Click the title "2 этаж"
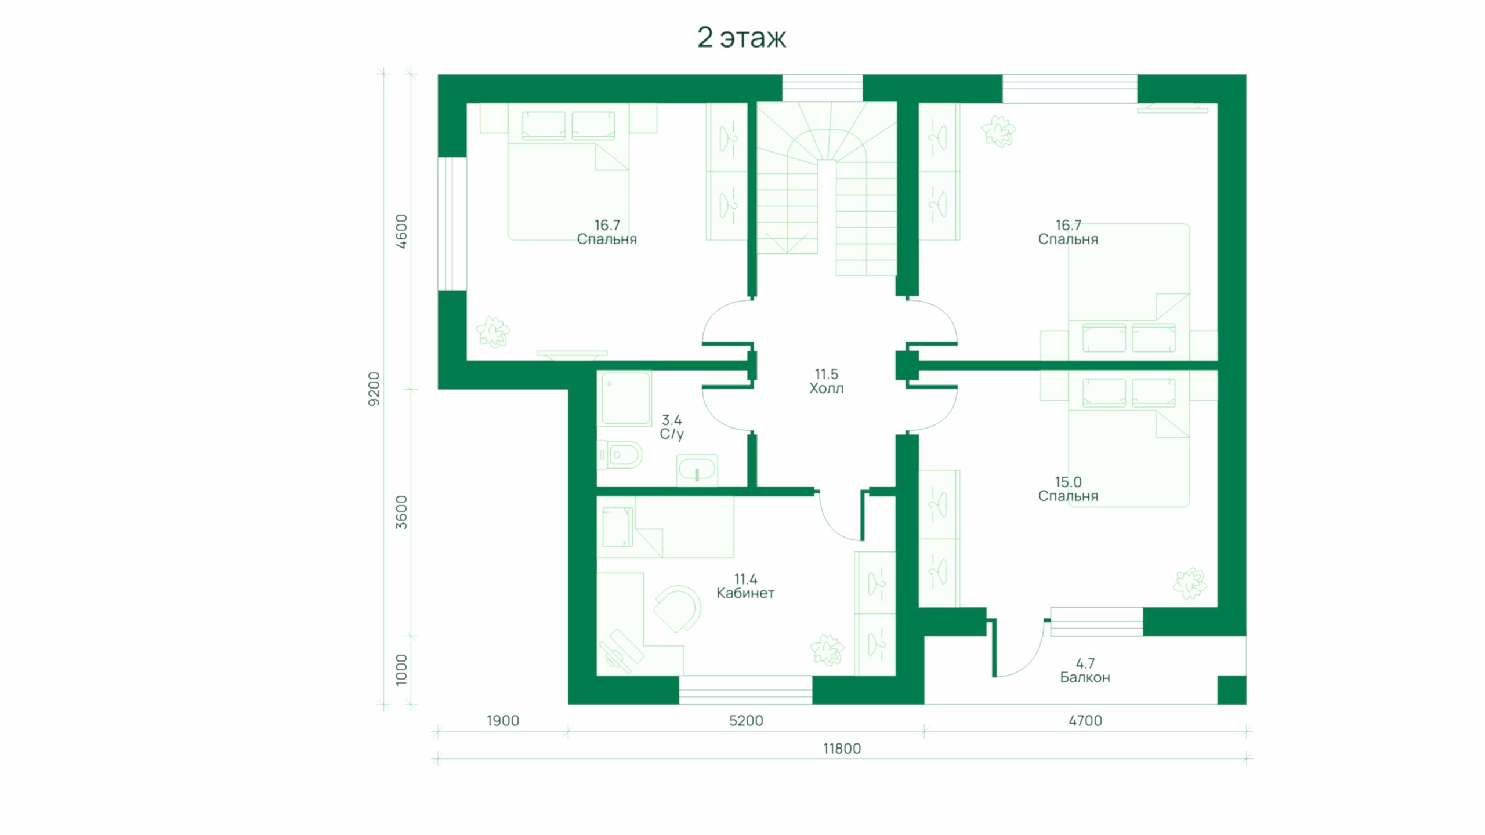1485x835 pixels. tap(741, 38)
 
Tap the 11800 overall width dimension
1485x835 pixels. tap(842, 749)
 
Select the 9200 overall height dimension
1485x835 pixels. tap(374, 389)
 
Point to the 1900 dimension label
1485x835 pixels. tap(502, 721)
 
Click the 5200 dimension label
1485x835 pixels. tap(746, 721)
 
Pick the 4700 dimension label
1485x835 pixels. tap(1085, 721)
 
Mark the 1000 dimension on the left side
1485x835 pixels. tap(401, 670)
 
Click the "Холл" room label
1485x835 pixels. tap(826, 389)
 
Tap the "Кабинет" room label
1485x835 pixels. tap(745, 593)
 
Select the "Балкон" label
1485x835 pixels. tap(1085, 677)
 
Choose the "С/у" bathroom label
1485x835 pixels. tap(672, 434)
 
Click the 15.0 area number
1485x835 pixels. tap(1068, 482)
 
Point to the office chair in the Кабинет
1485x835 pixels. tap(678, 609)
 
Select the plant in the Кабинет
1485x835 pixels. tap(827, 649)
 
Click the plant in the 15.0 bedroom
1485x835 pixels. tap(1190, 583)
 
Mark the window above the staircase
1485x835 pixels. tap(823, 89)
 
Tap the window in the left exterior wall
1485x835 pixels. tap(452, 223)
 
